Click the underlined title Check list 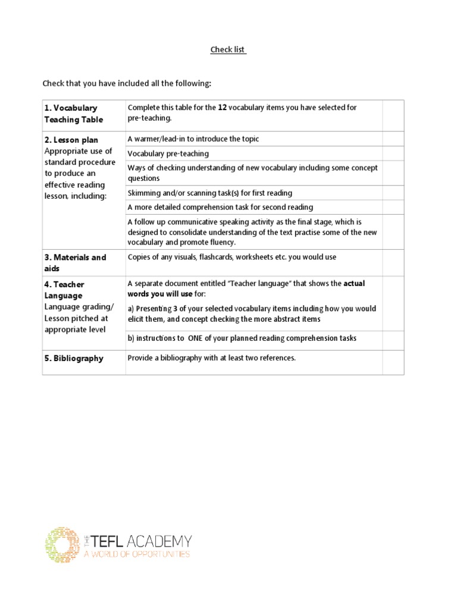click(228, 50)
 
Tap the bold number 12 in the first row click(223, 108)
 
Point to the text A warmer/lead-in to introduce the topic click(193, 139)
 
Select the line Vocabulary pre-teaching click(168, 153)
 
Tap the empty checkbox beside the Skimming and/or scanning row click(393, 193)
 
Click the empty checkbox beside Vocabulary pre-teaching click(393, 153)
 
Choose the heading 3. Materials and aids click(75, 263)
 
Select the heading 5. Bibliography click(73, 359)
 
